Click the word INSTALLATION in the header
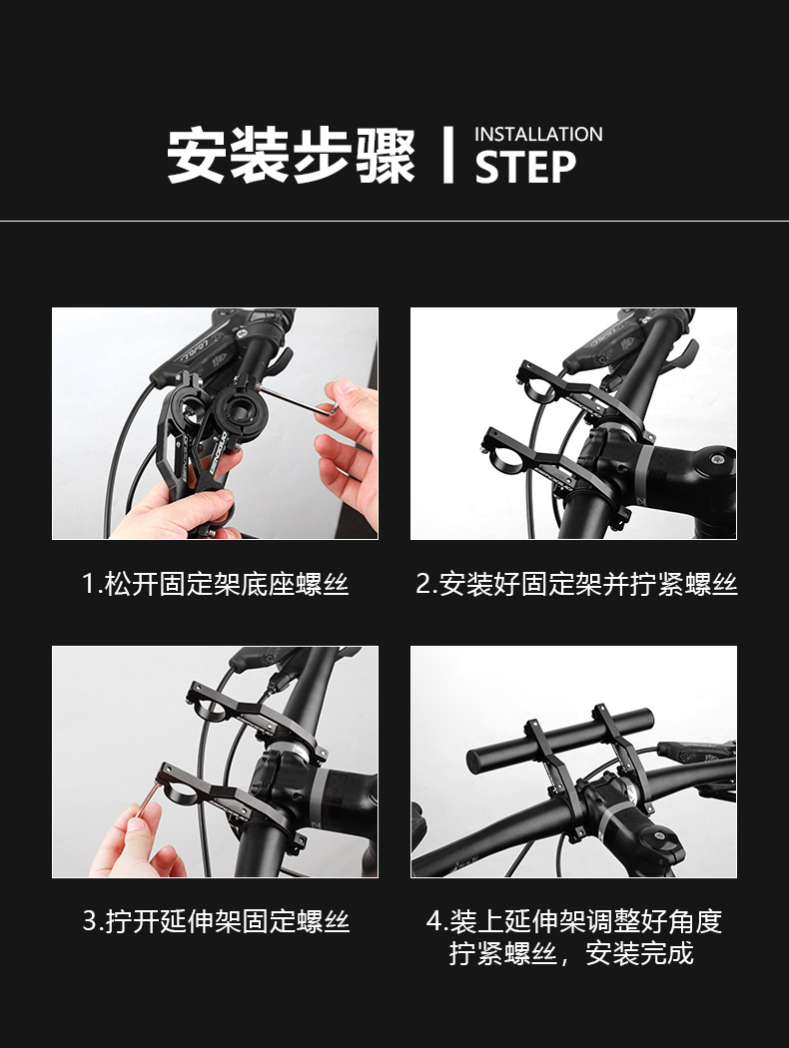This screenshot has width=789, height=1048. [x=538, y=135]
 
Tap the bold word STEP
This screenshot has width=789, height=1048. [x=525, y=167]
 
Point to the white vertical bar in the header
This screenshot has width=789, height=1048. [x=447, y=155]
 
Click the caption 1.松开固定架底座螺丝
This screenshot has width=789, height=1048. [x=216, y=584]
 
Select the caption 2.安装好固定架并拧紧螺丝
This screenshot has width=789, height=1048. [x=575, y=584]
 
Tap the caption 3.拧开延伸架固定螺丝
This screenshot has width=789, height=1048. [x=216, y=921]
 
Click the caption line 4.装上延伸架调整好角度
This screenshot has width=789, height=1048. [x=574, y=921]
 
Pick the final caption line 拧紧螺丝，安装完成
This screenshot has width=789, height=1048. [x=571, y=953]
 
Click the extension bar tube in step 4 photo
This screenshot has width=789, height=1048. [x=560, y=741]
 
